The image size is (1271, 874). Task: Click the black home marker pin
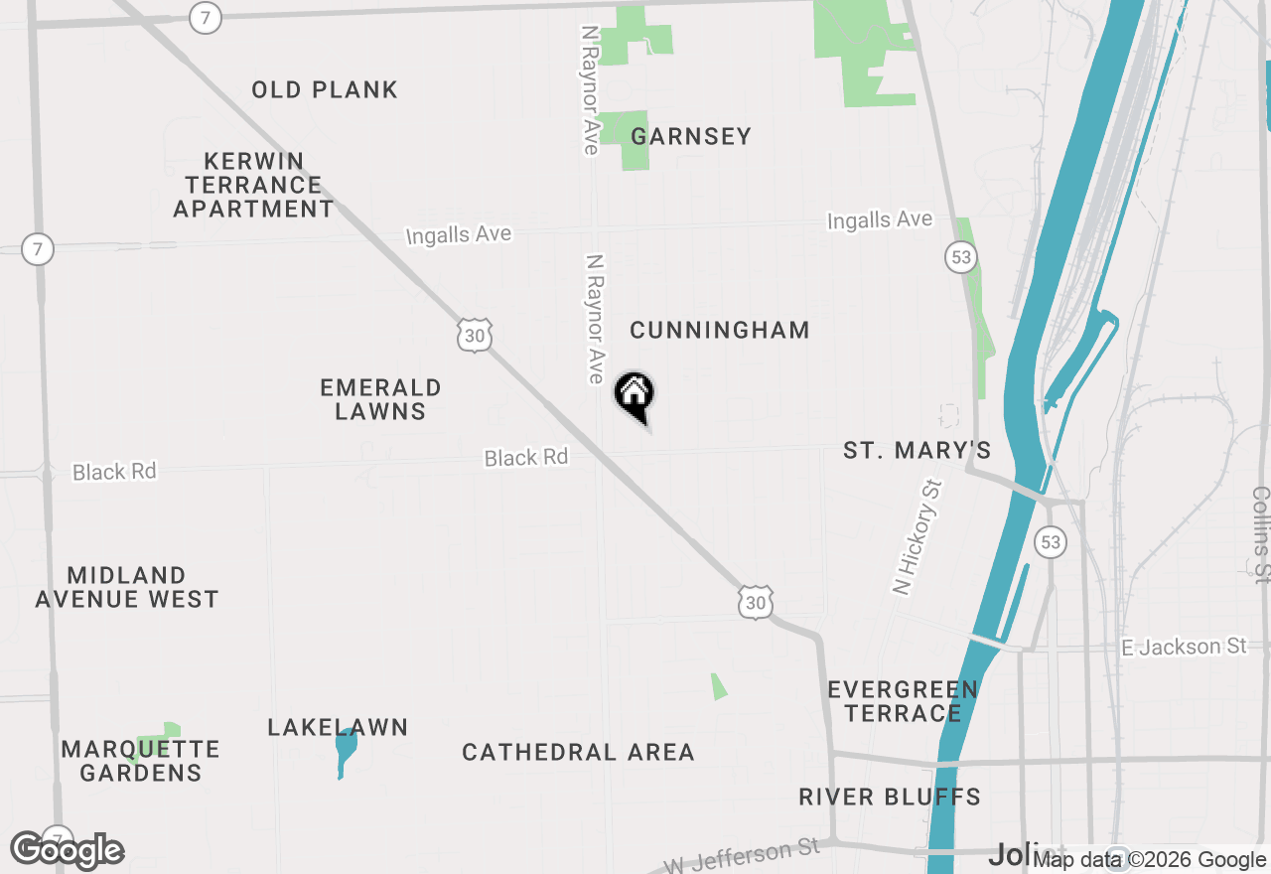[x=635, y=395]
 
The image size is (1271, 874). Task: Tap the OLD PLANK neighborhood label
[x=325, y=89]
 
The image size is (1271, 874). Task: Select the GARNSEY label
[x=691, y=136]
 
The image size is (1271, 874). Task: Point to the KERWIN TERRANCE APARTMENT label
[x=254, y=185]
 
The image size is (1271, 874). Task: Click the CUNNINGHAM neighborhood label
[x=720, y=330]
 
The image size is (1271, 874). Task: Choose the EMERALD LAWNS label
[x=380, y=399]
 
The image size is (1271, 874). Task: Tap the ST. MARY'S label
[x=917, y=451]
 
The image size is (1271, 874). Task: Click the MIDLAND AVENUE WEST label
[x=127, y=587]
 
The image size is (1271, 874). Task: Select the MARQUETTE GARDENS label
[x=140, y=761]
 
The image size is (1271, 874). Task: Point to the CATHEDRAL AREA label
[x=578, y=752]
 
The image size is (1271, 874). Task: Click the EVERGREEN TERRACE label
[x=903, y=701]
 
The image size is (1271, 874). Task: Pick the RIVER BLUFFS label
[x=890, y=797]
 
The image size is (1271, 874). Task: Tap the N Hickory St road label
[x=917, y=536]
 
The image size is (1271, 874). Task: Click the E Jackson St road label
[x=1184, y=647]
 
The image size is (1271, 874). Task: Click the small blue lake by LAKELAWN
[x=345, y=751]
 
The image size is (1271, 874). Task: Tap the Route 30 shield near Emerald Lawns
[x=476, y=336]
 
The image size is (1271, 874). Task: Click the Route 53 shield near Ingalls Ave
[x=960, y=257]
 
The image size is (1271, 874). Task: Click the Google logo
[x=68, y=851]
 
